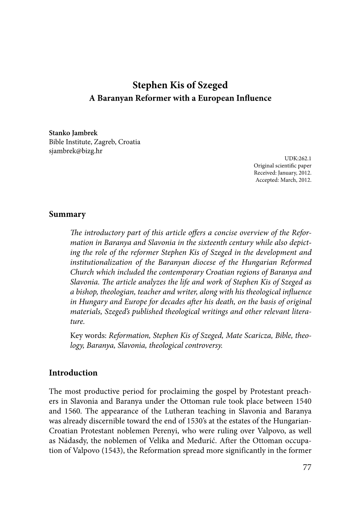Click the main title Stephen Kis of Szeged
pyautogui.click(x=180, y=85)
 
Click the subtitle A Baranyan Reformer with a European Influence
pyautogui.click(x=180, y=98)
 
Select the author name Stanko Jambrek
pyautogui.click(x=73, y=133)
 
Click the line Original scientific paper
pyautogui.click(x=282, y=166)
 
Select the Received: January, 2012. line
pyautogui.click(x=283, y=173)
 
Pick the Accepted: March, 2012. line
pyautogui.click(x=283, y=180)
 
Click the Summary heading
pyautogui.click(x=67, y=214)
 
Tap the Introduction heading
pyautogui.click(x=73, y=373)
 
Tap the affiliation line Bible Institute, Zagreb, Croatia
pyautogui.click(x=95, y=142)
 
